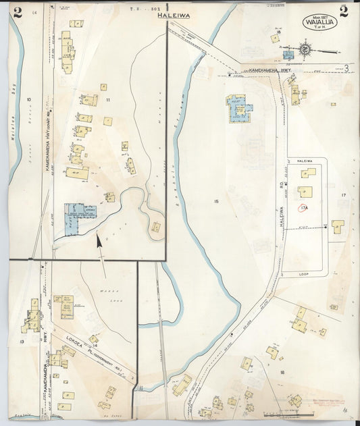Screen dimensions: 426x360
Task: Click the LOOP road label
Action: coord(303,275)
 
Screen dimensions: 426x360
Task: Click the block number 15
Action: coord(215,202)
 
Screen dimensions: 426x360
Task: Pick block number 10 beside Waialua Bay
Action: coord(28,100)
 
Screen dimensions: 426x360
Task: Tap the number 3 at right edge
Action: coord(345,68)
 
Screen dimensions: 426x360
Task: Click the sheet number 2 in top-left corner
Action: coord(16,12)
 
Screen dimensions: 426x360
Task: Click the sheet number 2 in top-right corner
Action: coord(343,11)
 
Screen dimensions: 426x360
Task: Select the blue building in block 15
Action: coord(238,108)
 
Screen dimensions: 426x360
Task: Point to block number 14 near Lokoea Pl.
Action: coord(95,345)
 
